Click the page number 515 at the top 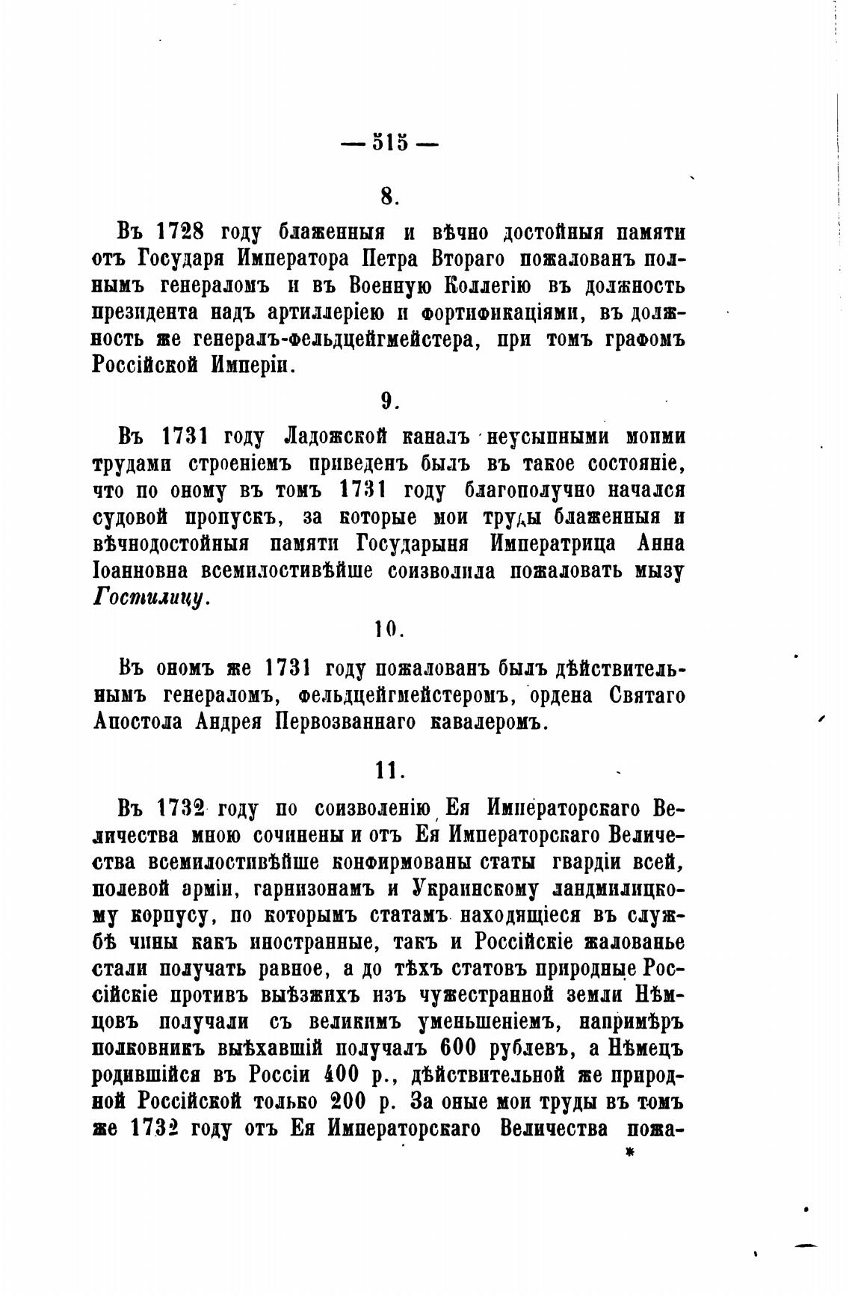tap(389, 142)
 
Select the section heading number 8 tap(389, 196)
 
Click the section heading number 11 tap(389, 770)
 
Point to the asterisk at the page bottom tap(629, 1155)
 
